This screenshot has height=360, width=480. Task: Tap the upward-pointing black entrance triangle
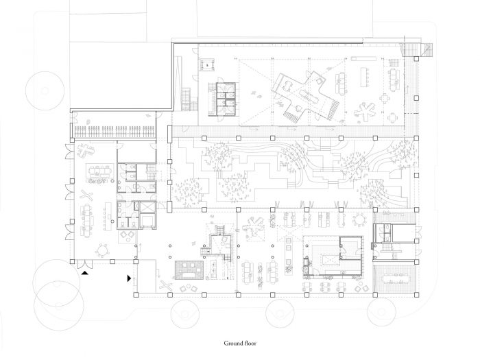click(85, 272)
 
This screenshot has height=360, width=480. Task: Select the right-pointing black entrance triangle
click(129, 278)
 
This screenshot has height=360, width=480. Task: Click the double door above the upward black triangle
click(84, 264)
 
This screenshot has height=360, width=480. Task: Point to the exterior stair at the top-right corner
click(417, 50)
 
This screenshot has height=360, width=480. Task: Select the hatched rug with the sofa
click(189, 270)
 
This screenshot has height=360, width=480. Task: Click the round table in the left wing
click(102, 251)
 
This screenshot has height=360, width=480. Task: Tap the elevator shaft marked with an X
click(147, 206)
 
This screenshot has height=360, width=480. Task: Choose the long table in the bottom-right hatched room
click(396, 278)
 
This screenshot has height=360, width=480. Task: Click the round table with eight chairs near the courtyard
click(360, 219)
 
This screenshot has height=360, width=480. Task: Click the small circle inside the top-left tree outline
click(45, 91)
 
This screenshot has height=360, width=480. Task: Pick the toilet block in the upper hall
click(226, 99)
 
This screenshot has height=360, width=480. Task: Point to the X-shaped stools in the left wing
click(86, 194)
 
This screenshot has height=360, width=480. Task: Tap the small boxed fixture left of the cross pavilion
click(207, 65)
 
